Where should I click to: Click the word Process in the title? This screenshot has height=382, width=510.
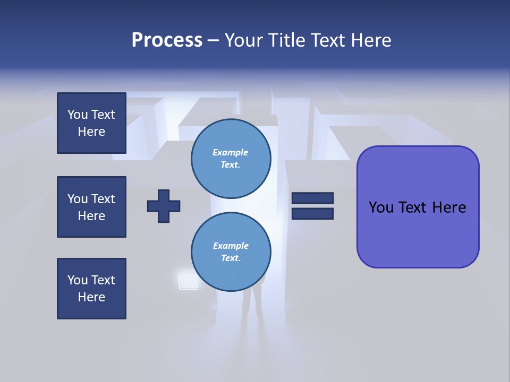167,40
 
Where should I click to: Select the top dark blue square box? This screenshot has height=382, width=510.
91,123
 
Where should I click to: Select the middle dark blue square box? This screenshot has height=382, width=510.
91,207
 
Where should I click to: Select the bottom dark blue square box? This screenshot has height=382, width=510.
91,289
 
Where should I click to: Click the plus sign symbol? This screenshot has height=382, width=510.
164,206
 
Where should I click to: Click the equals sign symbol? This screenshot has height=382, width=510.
312,206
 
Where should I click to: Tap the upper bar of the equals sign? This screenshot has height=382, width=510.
312,198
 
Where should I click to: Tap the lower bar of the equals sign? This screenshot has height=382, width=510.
312,213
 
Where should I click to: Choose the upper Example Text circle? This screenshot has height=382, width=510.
231,159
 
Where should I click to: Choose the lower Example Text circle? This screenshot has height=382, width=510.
231,252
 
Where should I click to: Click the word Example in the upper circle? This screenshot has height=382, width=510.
231,152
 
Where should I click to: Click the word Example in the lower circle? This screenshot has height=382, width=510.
231,246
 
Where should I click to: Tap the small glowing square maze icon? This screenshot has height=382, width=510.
188,280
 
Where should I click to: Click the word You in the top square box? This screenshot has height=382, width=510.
78,115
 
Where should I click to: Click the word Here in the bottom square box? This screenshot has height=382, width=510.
91,297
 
